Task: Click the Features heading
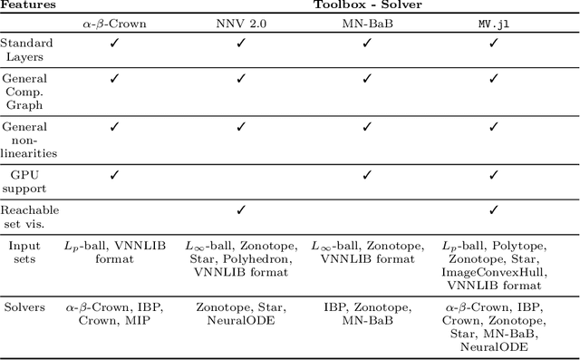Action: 27,6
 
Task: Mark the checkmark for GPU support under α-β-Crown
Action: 114,172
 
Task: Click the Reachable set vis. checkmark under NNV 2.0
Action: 241,210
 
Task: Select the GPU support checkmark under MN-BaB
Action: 367,172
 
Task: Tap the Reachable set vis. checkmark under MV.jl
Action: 494,210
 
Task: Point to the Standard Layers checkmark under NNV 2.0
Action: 241,44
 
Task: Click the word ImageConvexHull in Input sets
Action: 494,271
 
